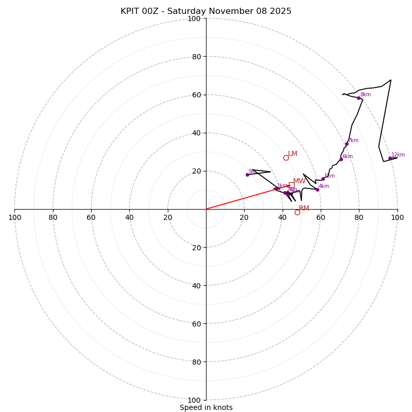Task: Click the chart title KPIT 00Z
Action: coord(206,11)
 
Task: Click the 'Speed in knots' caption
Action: coord(206,407)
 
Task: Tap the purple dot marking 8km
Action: coord(358,98)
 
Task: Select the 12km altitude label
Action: coord(398,154)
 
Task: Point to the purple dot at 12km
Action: coord(390,158)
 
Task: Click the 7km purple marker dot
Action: coord(347,144)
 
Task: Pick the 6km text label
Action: coord(348,157)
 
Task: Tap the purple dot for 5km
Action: coord(323,179)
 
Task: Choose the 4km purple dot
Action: coord(317,190)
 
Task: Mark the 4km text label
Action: coord(324,186)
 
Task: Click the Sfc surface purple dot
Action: coord(247,175)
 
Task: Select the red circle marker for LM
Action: coord(286,158)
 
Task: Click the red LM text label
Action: coord(293,154)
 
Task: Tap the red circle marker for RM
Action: coord(297,212)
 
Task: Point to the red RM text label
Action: coord(304,209)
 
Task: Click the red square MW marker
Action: coord(291,185)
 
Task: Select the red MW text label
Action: coord(299,181)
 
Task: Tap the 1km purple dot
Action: coord(276,188)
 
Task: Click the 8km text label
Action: coord(366,95)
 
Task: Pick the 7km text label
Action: coord(353,141)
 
